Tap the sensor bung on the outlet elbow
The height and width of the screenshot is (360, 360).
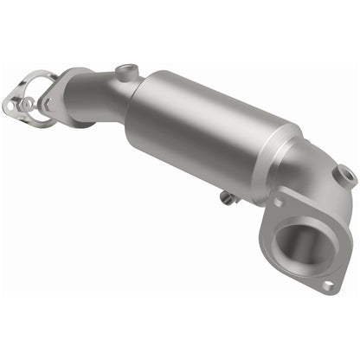346,177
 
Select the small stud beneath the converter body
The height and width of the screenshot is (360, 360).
227,198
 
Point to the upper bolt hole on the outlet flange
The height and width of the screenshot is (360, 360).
279,202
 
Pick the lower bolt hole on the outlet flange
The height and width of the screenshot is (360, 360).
327,284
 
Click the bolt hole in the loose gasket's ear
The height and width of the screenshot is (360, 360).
10,106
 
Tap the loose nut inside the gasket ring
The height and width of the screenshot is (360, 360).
28,104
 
